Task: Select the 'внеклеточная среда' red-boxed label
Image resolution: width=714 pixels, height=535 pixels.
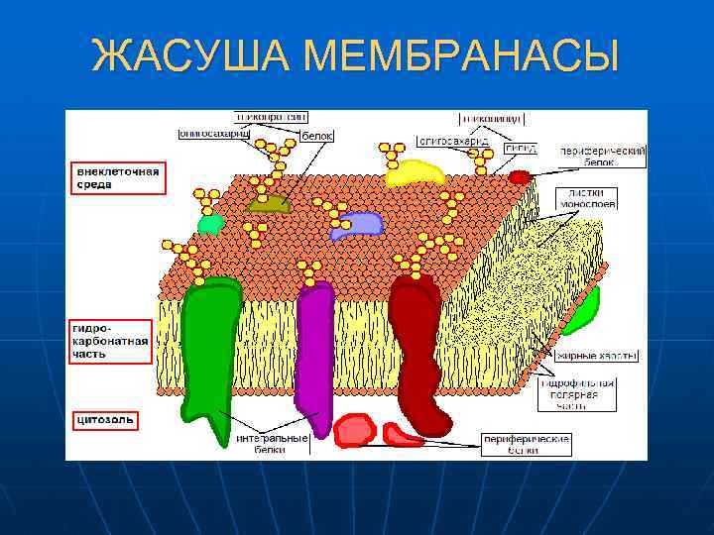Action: pyautogui.click(x=118, y=179)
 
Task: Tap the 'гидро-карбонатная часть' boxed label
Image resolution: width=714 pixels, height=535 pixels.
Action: pyautogui.click(x=110, y=341)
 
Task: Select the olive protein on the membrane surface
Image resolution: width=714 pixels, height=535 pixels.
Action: pyautogui.click(x=269, y=204)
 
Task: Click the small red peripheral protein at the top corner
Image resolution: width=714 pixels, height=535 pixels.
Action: pyautogui.click(x=520, y=177)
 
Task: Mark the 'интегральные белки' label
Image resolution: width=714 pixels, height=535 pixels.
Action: pyautogui.click(x=271, y=443)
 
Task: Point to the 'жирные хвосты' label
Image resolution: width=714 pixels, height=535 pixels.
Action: pyautogui.click(x=596, y=355)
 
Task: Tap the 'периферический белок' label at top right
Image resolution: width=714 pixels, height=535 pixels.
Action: pyautogui.click(x=602, y=156)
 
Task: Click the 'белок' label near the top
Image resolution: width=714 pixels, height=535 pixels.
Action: pyautogui.click(x=316, y=135)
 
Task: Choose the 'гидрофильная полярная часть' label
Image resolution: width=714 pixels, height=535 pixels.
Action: pyautogui.click(x=578, y=393)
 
